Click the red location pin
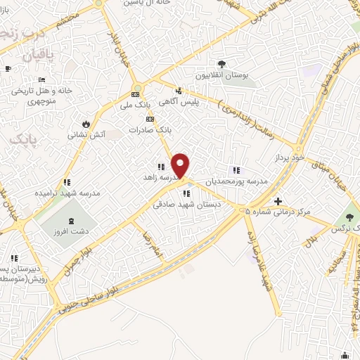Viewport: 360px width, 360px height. pos(181,165)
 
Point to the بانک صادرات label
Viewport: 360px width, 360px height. pos(150,130)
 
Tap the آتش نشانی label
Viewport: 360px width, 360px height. pos(87,134)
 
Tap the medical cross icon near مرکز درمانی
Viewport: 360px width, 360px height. pos(278,201)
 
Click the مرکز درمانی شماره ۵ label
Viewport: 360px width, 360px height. pos(285,212)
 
